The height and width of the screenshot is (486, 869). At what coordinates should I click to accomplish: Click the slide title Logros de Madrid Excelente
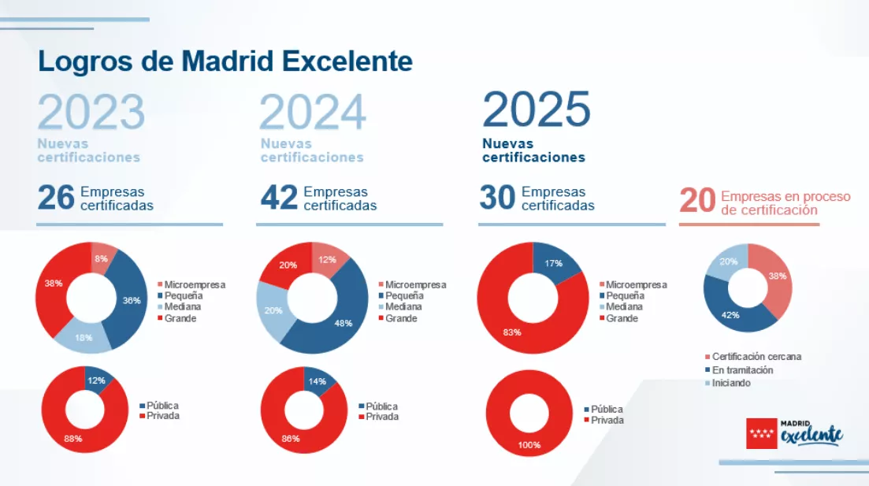[x=225, y=61]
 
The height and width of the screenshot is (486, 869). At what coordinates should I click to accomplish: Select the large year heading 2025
[x=537, y=110]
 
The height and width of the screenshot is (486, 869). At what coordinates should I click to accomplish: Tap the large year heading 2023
[x=91, y=112]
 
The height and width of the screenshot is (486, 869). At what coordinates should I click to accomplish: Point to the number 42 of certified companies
[x=279, y=198]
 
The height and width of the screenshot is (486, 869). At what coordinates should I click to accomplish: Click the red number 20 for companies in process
[x=696, y=200]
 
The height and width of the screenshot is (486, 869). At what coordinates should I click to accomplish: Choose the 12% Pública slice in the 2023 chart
[x=97, y=380]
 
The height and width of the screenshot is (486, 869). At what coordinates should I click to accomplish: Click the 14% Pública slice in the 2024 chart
[x=316, y=381]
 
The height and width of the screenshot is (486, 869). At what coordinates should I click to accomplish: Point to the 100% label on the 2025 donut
[x=529, y=445]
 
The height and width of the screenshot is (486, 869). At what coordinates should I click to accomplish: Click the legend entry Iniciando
[x=731, y=384]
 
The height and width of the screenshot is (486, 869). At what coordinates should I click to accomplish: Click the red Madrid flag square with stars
[x=760, y=432]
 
